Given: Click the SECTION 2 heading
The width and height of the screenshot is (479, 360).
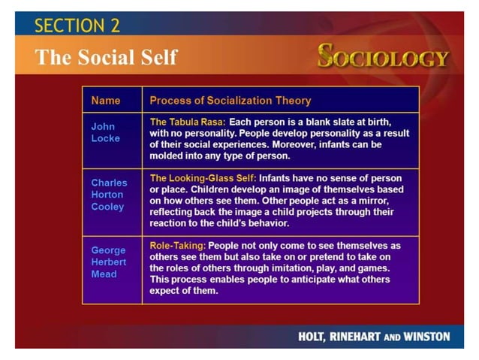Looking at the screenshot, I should [x=77, y=25].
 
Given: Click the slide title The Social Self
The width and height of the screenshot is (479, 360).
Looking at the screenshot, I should [x=106, y=56].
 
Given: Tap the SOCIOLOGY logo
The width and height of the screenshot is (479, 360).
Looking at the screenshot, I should [x=383, y=57].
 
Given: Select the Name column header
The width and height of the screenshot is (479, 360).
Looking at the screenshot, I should [x=106, y=100].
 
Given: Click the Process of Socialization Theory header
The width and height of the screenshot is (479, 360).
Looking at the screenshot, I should [x=230, y=100].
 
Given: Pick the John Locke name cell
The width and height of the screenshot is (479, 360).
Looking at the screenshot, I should [x=105, y=132].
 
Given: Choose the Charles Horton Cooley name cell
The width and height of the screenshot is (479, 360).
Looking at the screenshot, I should [x=109, y=195].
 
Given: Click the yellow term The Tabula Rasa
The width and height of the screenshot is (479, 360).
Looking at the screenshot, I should [x=188, y=121].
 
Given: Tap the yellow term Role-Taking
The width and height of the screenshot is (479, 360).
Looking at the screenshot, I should [x=178, y=245].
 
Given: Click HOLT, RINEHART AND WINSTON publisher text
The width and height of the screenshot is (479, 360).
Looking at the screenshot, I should [x=374, y=337].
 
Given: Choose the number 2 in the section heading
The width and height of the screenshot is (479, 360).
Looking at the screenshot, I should [x=114, y=25].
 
